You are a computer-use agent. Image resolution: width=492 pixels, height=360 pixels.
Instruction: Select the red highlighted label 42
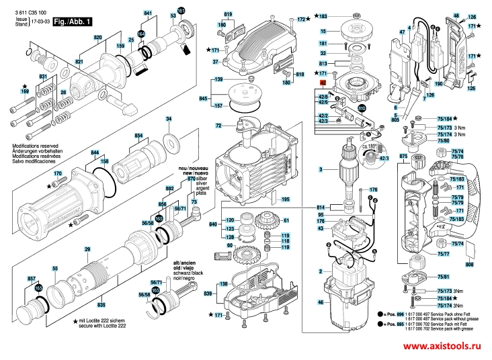pos(322,84)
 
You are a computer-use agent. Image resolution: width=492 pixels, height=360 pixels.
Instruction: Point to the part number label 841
pos(149,13)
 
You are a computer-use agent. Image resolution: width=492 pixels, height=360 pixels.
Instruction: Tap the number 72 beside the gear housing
pos(218,126)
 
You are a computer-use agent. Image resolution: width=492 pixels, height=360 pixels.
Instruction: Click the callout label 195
pos(285,199)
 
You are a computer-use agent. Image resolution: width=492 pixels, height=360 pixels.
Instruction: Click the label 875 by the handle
pos(403,156)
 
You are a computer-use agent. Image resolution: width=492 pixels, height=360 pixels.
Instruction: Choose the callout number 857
pos(31,277)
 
